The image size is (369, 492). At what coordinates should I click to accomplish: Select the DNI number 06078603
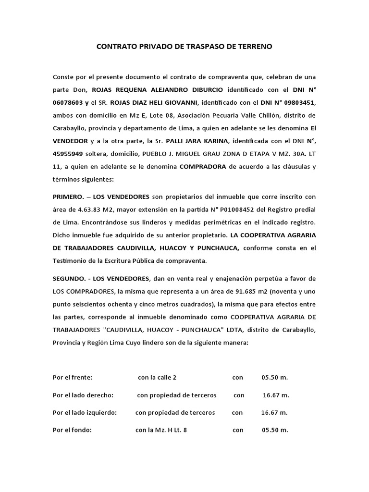(x=69, y=102)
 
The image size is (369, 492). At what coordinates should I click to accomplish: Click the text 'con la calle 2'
(x=160, y=378)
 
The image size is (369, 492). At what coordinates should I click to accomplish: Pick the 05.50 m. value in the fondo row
(x=275, y=430)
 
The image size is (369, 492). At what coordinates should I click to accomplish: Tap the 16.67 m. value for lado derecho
(x=276, y=395)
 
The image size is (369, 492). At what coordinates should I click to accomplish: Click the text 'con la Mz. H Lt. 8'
(x=161, y=430)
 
